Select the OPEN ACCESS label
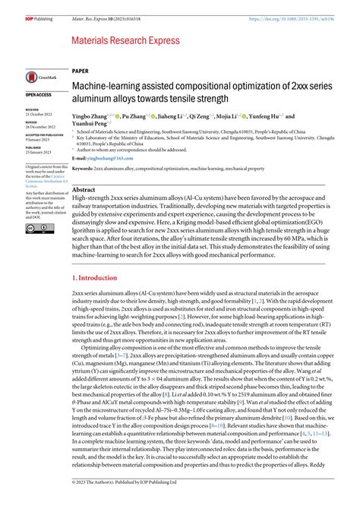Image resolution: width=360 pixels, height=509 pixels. (39, 95)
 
